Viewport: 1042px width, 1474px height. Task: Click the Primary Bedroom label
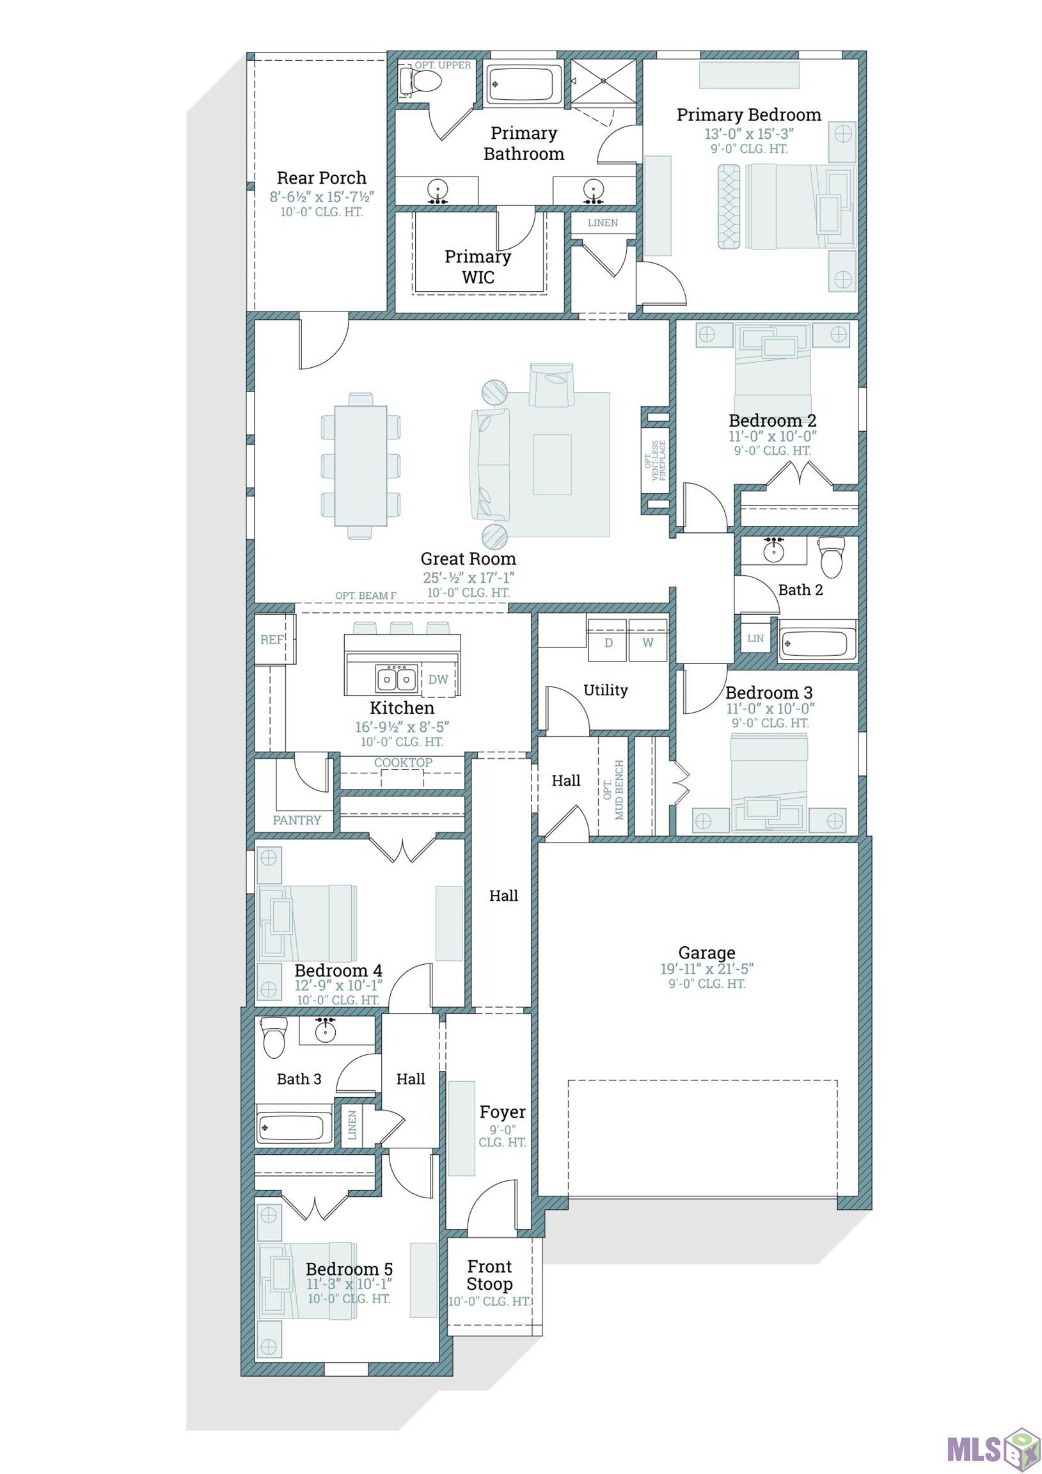coord(748,115)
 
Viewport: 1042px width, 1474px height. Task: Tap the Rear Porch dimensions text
coord(322,196)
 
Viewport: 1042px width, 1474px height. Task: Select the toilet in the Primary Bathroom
coord(422,81)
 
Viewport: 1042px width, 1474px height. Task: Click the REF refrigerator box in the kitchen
coord(272,639)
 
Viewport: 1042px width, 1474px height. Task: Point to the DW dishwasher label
coord(438,679)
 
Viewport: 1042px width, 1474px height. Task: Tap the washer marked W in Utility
coord(648,642)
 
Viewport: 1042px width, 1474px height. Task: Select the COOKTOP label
coord(403,762)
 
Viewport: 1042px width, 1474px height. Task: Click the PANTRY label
coord(297,820)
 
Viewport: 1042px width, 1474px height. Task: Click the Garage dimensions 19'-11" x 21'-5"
coord(707,969)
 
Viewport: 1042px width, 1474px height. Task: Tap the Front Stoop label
coord(490,1275)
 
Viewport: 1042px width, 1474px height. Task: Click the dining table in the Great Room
coord(360,466)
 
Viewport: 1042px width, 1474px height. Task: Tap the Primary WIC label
coord(478,266)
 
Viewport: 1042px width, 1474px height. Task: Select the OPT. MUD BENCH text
coord(614,789)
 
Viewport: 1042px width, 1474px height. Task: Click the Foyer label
coord(503,1112)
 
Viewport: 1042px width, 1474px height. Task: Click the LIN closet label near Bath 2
coord(755,638)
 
